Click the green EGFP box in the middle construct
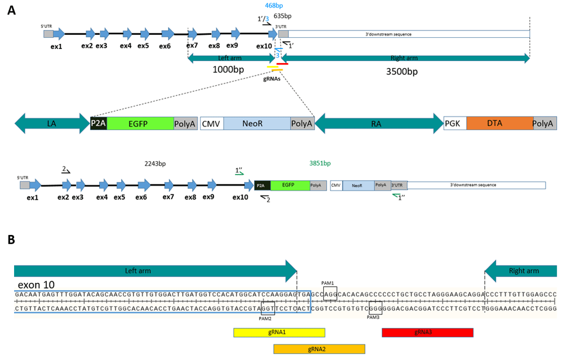140,123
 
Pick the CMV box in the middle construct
212,123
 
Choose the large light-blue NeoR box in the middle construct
257,123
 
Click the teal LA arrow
52,123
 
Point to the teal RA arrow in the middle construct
378,123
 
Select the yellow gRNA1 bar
279,333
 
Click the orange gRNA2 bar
319,349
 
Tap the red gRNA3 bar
427,333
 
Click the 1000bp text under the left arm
228,70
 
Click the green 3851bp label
320,163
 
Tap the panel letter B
11,239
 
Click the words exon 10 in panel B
35,285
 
